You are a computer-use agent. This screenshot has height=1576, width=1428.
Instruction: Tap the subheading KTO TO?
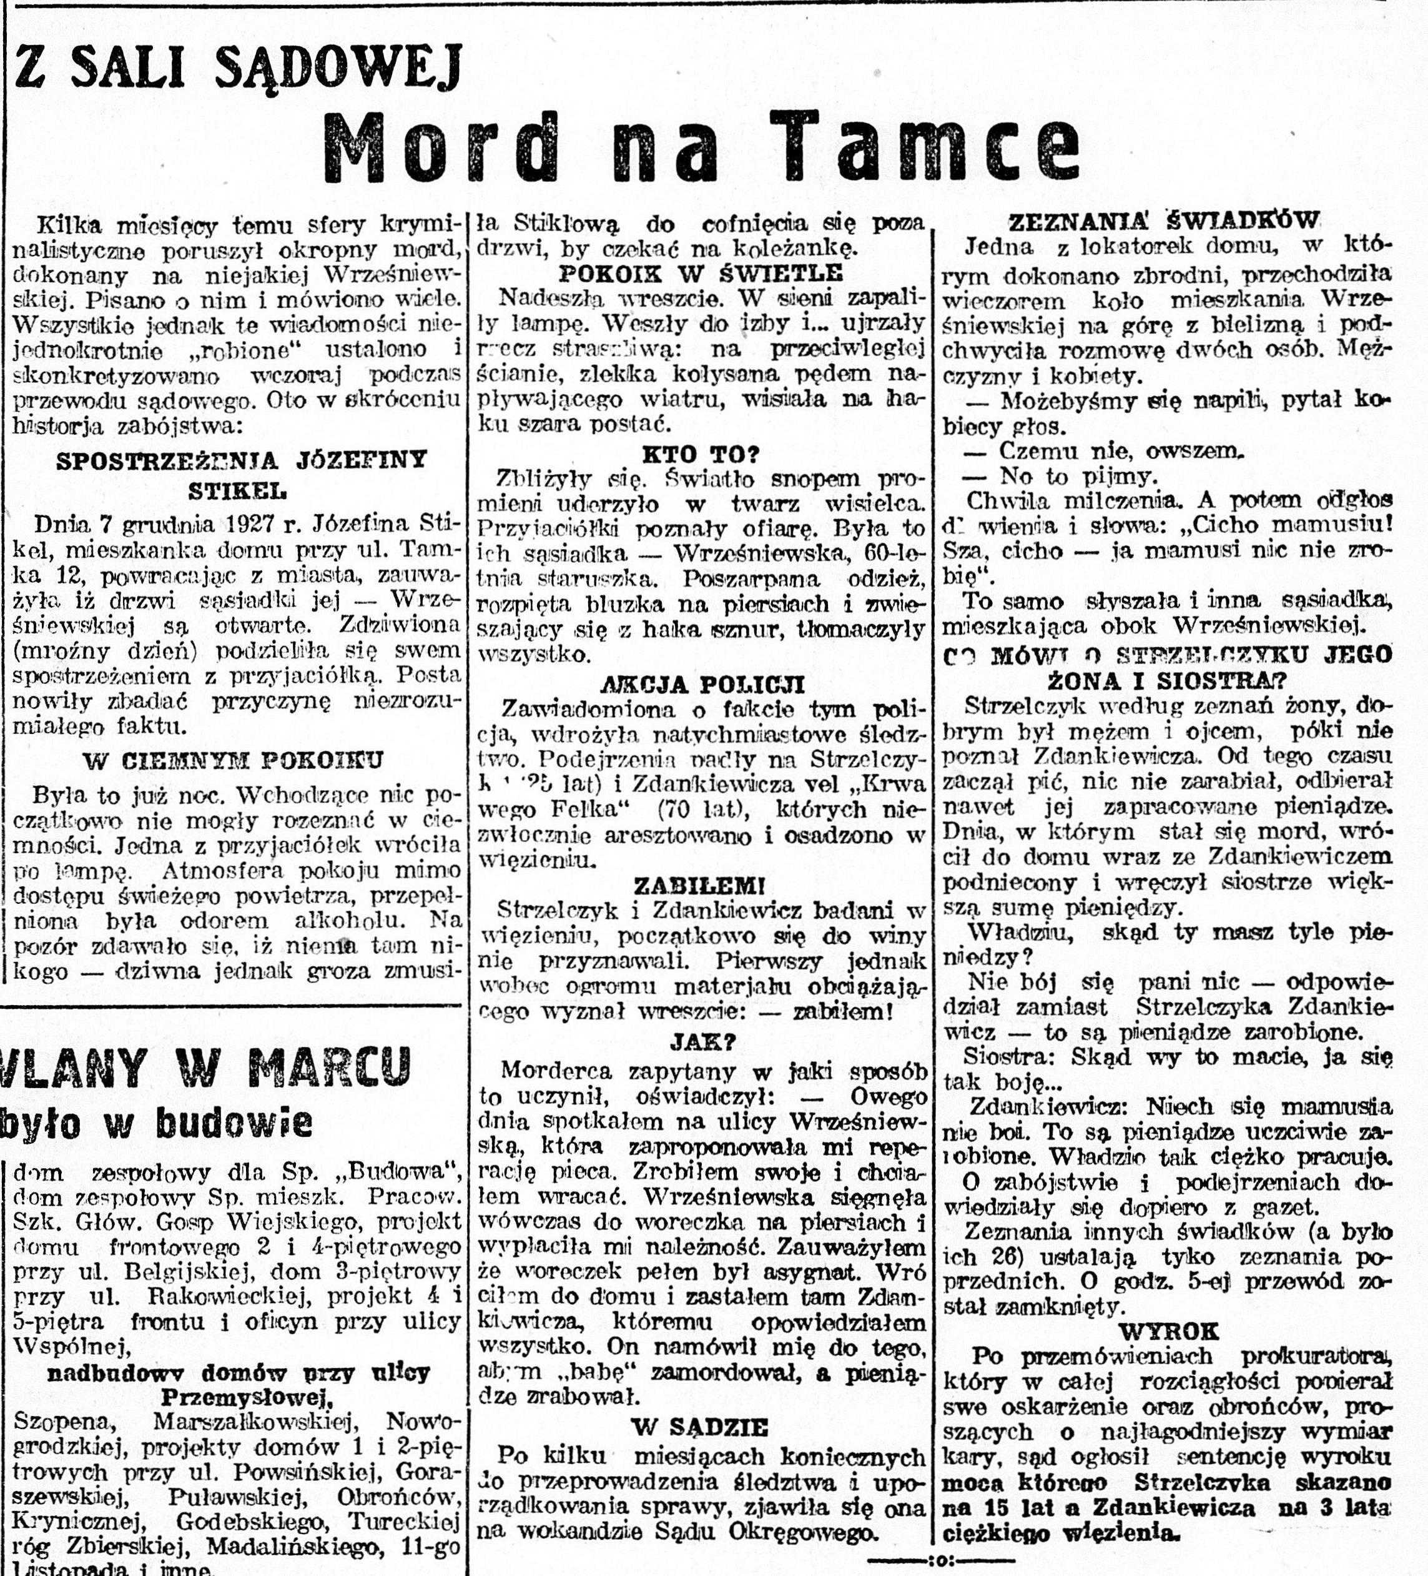(x=701, y=454)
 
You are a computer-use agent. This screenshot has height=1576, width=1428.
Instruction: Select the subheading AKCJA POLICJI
(x=702, y=685)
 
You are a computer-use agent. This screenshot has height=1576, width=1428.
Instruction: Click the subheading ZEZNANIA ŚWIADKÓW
(x=1164, y=222)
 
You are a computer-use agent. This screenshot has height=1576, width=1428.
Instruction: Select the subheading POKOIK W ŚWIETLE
(x=701, y=273)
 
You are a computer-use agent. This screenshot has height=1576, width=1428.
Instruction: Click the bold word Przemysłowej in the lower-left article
(x=242, y=1397)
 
